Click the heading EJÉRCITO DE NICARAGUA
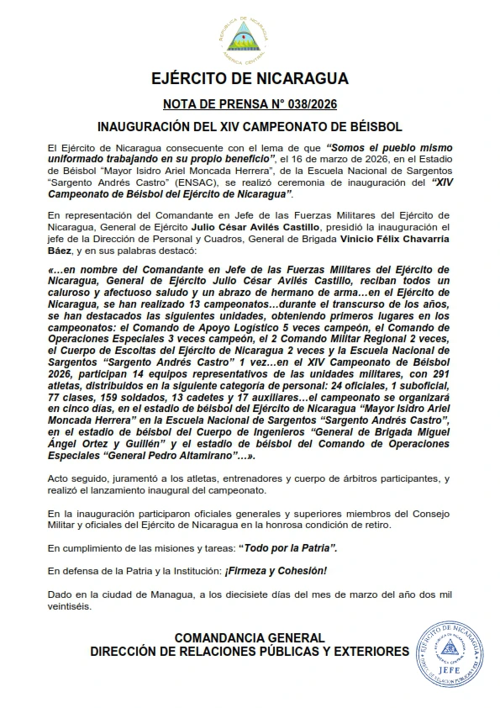[x=250, y=80]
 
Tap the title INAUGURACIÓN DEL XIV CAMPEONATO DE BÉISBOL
[x=250, y=129]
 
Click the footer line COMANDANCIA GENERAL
[x=250, y=639]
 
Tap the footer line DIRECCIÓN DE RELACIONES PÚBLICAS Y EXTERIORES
[x=250, y=653]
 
